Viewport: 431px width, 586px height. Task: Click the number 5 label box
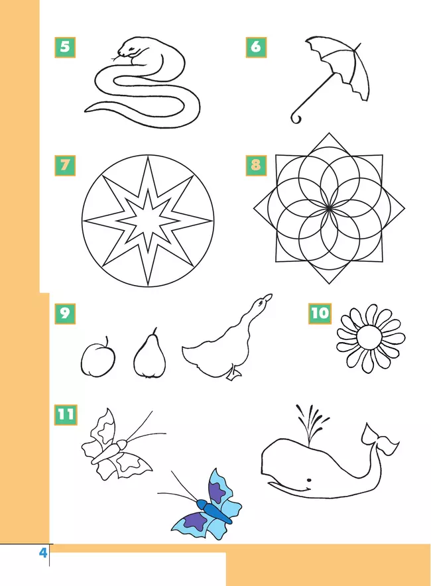coord(65,48)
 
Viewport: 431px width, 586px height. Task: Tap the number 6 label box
coord(256,48)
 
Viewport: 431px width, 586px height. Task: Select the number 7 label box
coord(65,166)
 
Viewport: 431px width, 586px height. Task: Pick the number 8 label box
coord(256,166)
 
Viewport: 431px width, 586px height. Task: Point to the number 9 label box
coord(65,314)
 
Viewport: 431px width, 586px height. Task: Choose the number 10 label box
coord(320,314)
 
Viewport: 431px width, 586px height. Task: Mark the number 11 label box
coord(66,415)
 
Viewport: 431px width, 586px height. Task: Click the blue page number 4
coord(43,552)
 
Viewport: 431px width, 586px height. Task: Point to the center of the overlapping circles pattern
coord(329,208)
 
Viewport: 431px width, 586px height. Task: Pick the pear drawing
coord(149,354)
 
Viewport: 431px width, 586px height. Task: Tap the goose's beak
coord(268,297)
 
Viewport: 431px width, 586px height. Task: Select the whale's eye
coord(309,480)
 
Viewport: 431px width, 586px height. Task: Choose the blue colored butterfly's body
coord(215,511)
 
